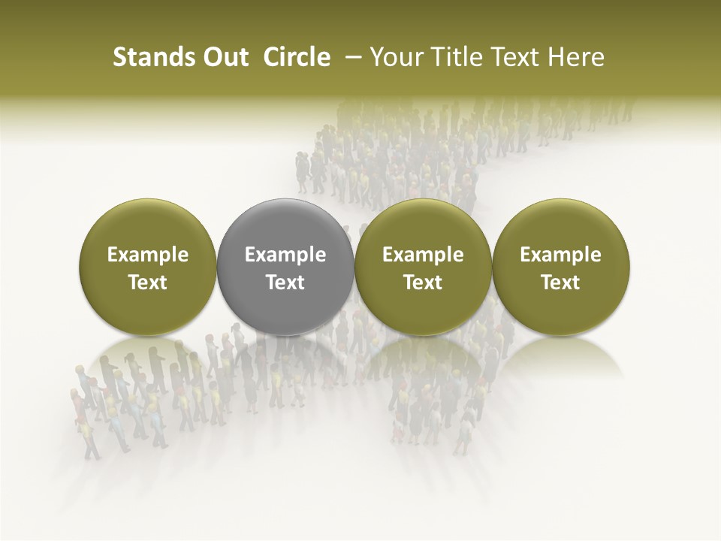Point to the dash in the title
click(x=350, y=57)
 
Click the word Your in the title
click(x=395, y=57)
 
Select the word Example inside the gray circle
click(x=285, y=255)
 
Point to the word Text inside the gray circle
click(x=285, y=283)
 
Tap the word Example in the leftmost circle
click(x=148, y=255)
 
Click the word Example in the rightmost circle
click(x=561, y=255)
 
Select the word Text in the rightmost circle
click(x=561, y=283)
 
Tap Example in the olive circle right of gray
click(x=423, y=255)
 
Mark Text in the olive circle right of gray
click(x=423, y=283)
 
